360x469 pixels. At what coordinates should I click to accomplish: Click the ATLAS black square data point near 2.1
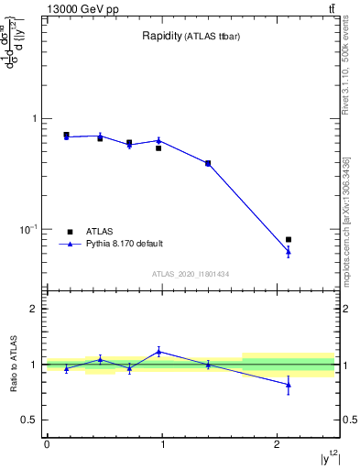point(289,239)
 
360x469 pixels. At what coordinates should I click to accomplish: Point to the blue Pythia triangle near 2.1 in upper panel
point(289,251)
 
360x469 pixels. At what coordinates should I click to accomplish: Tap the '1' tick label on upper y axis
point(35,119)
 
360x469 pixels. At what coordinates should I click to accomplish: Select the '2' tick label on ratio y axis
point(35,310)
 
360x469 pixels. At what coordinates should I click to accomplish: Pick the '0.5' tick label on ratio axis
point(30,420)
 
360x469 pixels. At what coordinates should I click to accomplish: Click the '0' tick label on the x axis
point(47,444)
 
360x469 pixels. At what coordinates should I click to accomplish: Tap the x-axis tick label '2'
point(278,444)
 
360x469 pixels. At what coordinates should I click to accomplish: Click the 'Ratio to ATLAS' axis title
point(13,365)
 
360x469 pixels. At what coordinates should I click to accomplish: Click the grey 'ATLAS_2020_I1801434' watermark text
point(191,274)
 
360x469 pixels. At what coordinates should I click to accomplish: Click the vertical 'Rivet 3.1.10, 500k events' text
point(345,82)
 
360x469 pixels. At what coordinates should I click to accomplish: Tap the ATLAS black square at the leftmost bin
point(66,135)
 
